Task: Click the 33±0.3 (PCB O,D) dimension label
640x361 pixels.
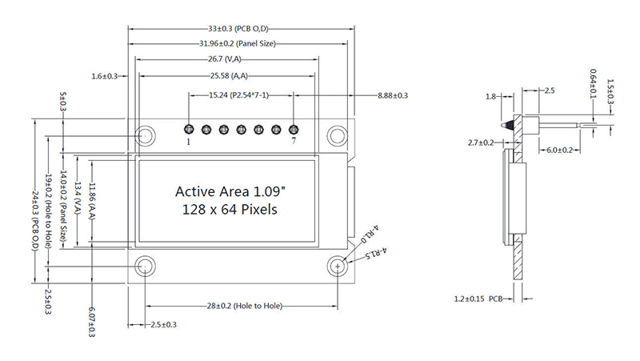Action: click(239, 28)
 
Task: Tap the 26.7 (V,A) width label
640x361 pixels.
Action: click(225, 58)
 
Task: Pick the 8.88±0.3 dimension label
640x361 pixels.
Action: click(393, 95)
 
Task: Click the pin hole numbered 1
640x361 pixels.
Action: click(189, 128)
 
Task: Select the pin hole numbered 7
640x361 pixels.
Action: click(294, 128)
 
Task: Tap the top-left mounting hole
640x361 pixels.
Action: click(146, 134)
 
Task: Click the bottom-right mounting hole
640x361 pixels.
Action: click(339, 265)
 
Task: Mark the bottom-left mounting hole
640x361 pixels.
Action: click(146, 265)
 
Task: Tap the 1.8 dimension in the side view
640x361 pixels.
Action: click(491, 97)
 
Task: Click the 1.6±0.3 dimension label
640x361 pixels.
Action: click(105, 76)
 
